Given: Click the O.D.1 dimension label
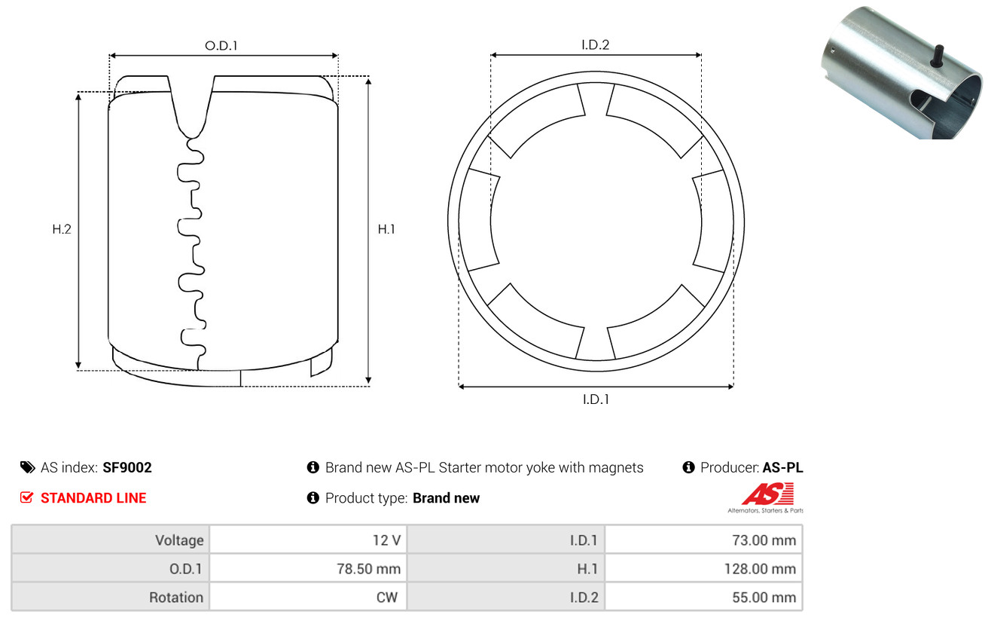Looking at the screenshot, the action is pyautogui.click(x=221, y=45).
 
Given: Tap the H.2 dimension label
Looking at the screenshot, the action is pyautogui.click(x=62, y=229).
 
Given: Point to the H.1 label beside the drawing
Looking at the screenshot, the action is pyautogui.click(x=386, y=229).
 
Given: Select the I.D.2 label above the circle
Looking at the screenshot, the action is pyautogui.click(x=595, y=44).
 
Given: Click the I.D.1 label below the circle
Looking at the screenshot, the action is pyautogui.click(x=596, y=399).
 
